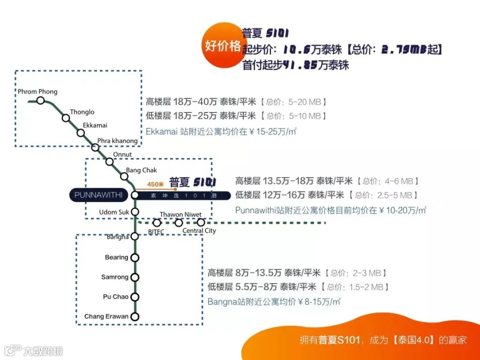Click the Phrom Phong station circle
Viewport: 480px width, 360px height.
pos(41,100)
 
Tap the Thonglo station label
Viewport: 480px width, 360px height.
pos(82,112)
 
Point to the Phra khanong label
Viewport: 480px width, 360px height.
pos(117,141)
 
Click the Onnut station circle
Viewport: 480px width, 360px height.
pos(109,162)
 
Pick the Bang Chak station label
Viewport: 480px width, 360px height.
pos(141,170)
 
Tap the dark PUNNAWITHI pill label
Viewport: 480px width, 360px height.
pos(98,195)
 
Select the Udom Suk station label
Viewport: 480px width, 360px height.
pos(114,212)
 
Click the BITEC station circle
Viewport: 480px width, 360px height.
pos(157,222)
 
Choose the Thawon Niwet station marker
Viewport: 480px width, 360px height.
pos(179,222)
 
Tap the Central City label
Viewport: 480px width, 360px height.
pos(199,231)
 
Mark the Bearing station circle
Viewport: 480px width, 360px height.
pos(135,258)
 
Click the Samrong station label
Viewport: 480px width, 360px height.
pos(115,277)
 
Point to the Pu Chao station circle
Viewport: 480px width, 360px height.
pos(135,297)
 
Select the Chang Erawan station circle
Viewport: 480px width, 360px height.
pos(135,317)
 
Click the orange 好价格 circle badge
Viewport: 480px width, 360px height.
pos(223,46)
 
